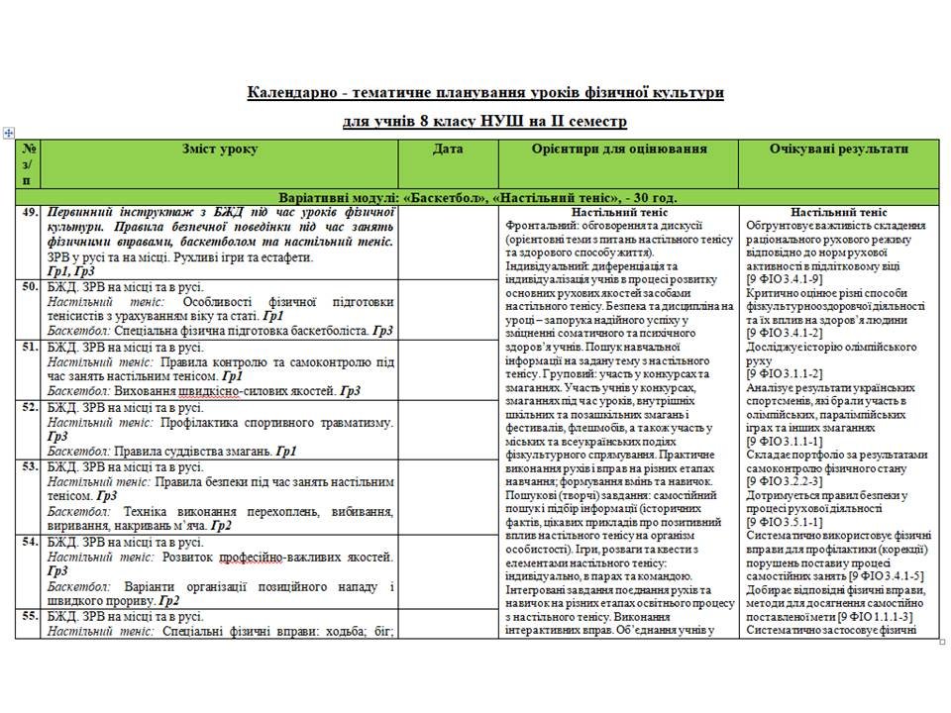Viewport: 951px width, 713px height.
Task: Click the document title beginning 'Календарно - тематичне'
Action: point(485,92)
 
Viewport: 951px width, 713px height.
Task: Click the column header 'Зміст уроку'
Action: point(219,149)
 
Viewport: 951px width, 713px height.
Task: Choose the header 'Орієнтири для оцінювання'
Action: point(619,149)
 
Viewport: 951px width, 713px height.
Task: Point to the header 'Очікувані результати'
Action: point(838,149)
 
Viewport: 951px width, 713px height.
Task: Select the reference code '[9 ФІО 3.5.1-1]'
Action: point(791,521)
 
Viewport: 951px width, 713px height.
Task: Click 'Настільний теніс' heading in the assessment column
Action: point(619,212)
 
